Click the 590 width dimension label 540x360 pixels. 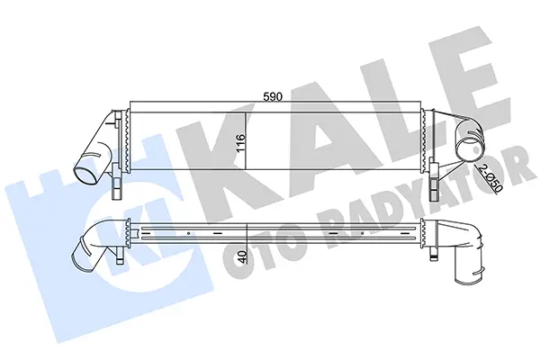[x=273, y=97]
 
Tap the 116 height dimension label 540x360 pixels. [x=240, y=142]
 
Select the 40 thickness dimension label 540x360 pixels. [x=242, y=257]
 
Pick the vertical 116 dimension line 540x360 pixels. [x=246, y=141]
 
